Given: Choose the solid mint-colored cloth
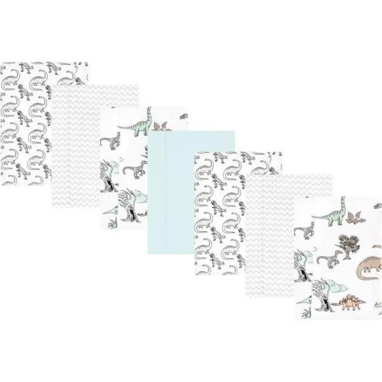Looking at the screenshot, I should [x=191, y=191].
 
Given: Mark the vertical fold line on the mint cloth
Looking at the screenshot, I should [x=166, y=191].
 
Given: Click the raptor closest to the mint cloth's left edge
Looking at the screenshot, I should [x=136, y=169].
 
